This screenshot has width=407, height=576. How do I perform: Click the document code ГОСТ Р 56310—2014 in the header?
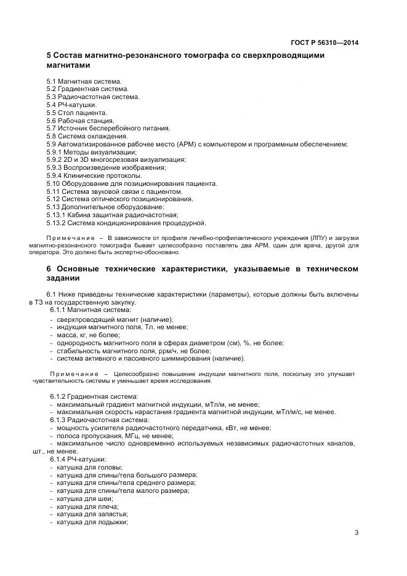(x=324, y=42)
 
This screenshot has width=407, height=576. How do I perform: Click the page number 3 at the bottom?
(x=357, y=533)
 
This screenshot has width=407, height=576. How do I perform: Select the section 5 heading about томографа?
(x=185, y=60)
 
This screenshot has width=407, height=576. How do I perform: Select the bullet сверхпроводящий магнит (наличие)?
(x=115, y=319)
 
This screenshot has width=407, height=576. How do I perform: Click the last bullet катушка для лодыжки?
(x=92, y=522)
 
